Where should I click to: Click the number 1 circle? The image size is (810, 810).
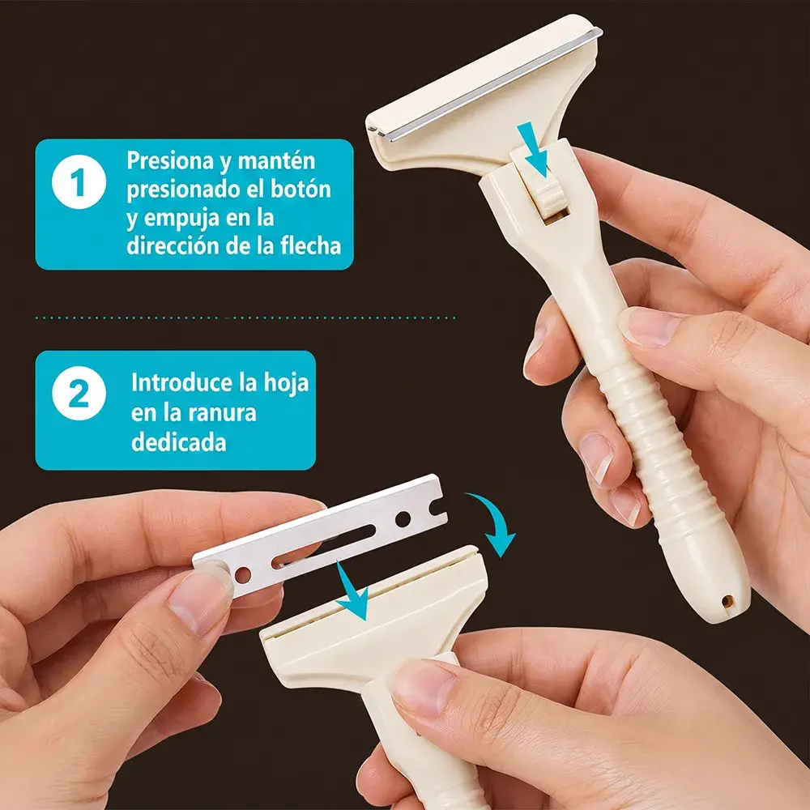(x=79, y=181)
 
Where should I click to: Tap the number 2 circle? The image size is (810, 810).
(x=79, y=393)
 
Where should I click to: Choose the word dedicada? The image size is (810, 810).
(x=179, y=443)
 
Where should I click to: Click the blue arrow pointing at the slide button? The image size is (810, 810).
(x=533, y=149)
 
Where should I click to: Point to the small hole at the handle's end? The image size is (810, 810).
(x=727, y=601)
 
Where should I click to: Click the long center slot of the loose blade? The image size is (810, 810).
(x=324, y=546)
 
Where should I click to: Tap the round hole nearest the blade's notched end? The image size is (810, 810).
(x=403, y=518)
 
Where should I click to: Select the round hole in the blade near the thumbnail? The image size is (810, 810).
(x=242, y=574)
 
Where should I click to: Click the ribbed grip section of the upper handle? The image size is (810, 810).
(x=656, y=440)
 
